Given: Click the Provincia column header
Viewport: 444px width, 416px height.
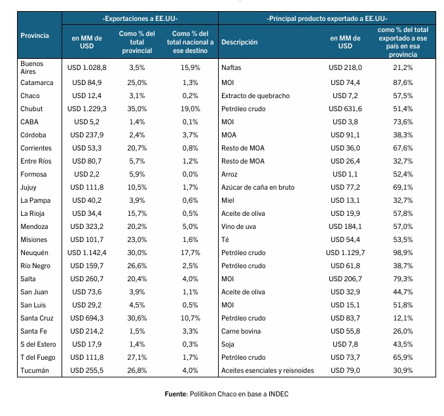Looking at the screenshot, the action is (x=35, y=35).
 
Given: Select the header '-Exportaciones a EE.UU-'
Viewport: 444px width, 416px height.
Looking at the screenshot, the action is (x=140, y=19).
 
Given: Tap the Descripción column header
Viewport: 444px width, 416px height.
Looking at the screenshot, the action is (x=239, y=42).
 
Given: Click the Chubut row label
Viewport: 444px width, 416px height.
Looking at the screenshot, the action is (x=31, y=109).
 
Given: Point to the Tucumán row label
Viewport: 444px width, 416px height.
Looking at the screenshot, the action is (x=35, y=370).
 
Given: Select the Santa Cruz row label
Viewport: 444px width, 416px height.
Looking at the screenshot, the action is (x=37, y=318).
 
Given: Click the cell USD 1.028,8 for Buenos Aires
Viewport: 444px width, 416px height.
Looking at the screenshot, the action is (x=86, y=67).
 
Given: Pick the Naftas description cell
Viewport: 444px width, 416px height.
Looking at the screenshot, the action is (x=231, y=67).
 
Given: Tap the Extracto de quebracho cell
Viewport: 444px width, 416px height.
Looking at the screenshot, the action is (x=255, y=96).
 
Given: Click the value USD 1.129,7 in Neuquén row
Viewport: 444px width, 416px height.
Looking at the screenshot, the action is (x=345, y=253).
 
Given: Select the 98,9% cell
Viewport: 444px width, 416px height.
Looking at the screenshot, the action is (x=403, y=253).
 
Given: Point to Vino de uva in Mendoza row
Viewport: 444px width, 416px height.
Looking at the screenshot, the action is (x=238, y=226).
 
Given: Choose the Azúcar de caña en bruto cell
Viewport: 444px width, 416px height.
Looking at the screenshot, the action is (x=257, y=187).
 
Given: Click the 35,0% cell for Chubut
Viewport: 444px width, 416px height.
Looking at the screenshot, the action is (x=137, y=109).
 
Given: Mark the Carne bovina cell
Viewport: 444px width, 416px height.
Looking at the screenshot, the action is (x=241, y=331).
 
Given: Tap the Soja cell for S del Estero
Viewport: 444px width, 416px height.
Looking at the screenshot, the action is (x=228, y=345).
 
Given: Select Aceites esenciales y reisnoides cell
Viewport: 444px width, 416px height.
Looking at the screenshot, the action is (x=268, y=370).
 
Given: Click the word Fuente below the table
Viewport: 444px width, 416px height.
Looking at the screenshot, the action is (x=176, y=394).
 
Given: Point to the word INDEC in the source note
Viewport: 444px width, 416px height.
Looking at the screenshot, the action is (x=278, y=394).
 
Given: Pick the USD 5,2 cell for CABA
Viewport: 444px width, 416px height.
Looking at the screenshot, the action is (x=86, y=122).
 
